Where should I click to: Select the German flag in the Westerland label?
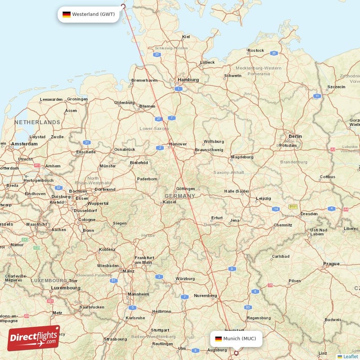(66, 14)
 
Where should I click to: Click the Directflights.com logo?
(34, 338)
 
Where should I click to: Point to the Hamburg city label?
(188, 80)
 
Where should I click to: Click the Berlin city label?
(295, 136)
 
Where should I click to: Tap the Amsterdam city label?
(24, 144)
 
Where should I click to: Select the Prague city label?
(331, 264)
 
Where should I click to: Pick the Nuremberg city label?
(206, 296)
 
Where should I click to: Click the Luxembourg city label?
(66, 288)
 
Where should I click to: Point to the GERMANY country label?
(180, 196)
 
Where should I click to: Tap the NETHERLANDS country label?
(37, 122)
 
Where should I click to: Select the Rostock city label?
(256, 50)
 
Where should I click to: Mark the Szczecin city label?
(336, 86)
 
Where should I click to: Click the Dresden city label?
(309, 214)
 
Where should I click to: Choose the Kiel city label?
(186, 37)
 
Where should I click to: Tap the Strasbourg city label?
(115, 339)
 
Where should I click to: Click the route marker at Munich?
(236, 353)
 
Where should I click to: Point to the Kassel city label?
(169, 202)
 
